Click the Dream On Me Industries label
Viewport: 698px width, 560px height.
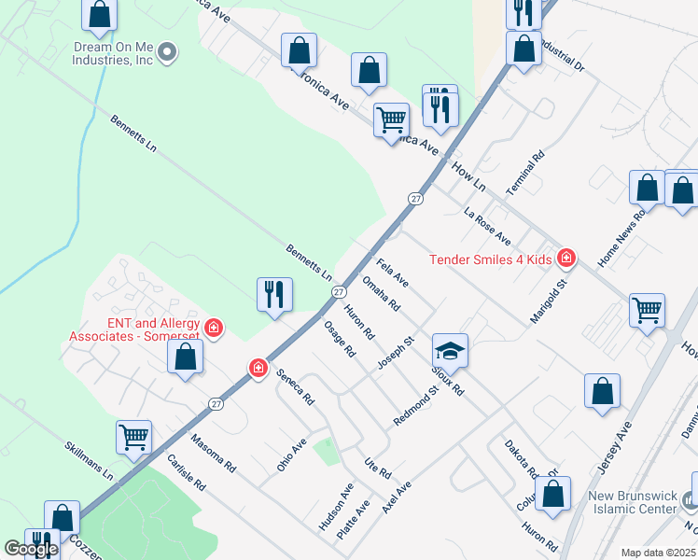(x=112, y=52)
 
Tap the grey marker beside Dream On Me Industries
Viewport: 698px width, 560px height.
(x=167, y=52)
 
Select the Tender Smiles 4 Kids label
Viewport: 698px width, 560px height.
(x=491, y=259)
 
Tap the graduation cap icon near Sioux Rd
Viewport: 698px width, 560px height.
(x=449, y=351)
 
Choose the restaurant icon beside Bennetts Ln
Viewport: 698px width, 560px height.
(x=274, y=294)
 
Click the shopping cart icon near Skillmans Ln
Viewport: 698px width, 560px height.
(x=134, y=436)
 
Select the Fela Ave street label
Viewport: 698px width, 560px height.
(x=392, y=272)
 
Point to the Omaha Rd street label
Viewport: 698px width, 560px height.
(x=381, y=293)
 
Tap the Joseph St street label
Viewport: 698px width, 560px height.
(x=395, y=353)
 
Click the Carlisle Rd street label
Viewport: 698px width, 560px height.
(x=185, y=474)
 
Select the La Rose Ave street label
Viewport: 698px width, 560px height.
(x=487, y=223)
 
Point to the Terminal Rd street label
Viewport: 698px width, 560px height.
(x=524, y=173)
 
